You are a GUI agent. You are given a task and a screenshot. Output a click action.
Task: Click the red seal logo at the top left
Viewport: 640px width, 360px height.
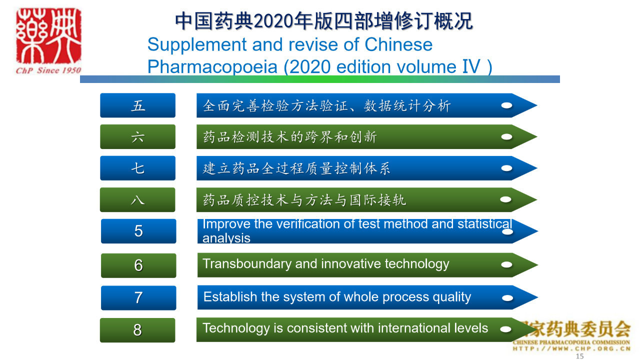(48, 35)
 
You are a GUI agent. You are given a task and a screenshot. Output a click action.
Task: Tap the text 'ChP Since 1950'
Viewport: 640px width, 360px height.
(48, 70)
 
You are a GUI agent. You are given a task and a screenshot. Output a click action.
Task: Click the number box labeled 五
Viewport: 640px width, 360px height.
(137, 105)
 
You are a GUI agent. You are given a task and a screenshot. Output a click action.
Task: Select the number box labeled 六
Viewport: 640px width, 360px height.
(137, 137)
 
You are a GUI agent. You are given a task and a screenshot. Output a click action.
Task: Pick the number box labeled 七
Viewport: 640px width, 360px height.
(137, 168)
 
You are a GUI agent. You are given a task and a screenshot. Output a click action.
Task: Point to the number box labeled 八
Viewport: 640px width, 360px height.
(137, 199)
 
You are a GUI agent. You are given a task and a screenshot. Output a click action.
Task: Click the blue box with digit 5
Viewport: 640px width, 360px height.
(138, 231)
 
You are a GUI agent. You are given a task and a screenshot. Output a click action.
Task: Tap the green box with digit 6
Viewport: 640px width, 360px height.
(138, 265)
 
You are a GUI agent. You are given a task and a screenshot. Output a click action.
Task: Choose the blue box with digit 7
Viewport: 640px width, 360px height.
(138, 297)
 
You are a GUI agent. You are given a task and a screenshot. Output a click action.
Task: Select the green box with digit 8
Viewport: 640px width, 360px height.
(137, 330)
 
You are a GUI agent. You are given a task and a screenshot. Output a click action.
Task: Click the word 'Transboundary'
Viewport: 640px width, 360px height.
(246, 264)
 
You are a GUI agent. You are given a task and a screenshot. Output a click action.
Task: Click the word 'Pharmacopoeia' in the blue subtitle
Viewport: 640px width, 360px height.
(212, 67)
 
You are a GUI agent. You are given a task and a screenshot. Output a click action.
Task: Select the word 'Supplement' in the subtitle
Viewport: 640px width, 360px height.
(197, 45)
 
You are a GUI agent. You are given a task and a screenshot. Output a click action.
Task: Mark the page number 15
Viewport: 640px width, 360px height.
(579, 356)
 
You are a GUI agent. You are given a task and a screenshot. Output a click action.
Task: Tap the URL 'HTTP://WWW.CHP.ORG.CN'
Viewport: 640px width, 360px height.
(571, 348)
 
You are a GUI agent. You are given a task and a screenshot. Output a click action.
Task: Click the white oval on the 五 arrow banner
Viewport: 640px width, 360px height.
(506, 105)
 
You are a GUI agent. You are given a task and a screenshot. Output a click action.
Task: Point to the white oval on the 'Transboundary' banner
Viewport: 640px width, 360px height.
(506, 265)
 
